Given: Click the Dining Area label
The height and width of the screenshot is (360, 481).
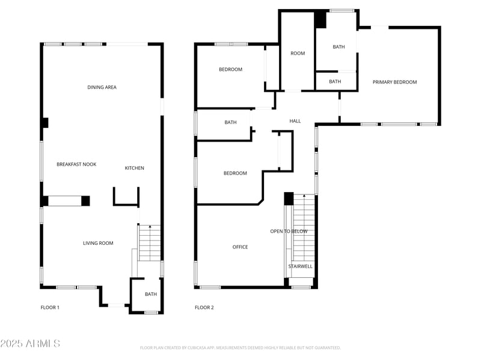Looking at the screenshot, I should pyautogui.click(x=102, y=88).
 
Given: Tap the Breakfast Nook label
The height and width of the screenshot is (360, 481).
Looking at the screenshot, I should pyautogui.click(x=76, y=164).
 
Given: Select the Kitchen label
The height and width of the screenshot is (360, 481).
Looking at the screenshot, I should pyautogui.click(x=134, y=168).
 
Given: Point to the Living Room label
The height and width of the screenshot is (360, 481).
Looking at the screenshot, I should pyautogui.click(x=98, y=243).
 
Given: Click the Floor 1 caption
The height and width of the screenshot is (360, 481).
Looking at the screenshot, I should pyautogui.click(x=50, y=308).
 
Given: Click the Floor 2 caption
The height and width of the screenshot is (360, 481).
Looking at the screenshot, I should pyautogui.click(x=204, y=308).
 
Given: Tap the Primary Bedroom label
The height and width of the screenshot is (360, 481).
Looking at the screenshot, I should pyautogui.click(x=394, y=82).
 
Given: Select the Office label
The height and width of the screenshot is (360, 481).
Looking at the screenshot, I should pyautogui.click(x=240, y=247).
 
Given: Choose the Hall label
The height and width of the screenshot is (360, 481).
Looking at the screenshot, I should pyautogui.click(x=295, y=121).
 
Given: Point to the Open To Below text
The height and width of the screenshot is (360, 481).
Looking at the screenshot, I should pyautogui.click(x=289, y=232).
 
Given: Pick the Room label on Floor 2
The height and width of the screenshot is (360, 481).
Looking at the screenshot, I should pyautogui.click(x=298, y=53).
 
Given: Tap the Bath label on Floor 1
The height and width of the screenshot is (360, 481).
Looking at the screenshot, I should pyautogui.click(x=150, y=294).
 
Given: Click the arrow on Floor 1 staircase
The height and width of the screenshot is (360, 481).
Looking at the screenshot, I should pyautogui.click(x=150, y=227).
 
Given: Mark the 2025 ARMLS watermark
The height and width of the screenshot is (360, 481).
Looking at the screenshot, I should pyautogui.click(x=30, y=344).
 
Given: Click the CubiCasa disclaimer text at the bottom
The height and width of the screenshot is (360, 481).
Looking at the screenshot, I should pyautogui.click(x=240, y=347).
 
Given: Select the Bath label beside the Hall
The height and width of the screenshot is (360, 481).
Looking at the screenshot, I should pyautogui.click(x=230, y=122).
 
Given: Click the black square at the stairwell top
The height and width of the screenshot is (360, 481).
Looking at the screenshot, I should pyautogui.click(x=289, y=199).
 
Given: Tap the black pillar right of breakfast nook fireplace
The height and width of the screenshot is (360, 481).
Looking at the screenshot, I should pyautogui.click(x=85, y=201).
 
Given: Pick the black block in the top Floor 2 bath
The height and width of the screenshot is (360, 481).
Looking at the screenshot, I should pyautogui.click(x=320, y=19).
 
